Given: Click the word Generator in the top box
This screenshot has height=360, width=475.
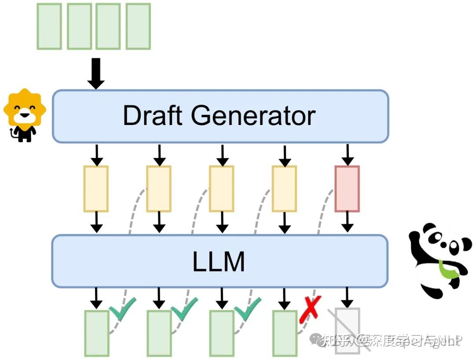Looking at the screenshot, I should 253,116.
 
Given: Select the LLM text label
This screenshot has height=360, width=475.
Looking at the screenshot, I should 219,261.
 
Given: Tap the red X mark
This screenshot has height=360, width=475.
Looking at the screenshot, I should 310,309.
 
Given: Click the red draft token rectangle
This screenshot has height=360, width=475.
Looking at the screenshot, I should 347,189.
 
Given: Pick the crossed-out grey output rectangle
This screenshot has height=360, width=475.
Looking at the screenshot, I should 347,331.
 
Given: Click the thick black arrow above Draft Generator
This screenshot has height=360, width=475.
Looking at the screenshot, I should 96,73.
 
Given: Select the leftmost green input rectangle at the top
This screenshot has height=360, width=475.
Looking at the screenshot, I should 49,26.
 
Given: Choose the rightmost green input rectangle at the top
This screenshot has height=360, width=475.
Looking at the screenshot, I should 138,26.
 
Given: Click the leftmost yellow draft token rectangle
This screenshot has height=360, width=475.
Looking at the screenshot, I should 96,189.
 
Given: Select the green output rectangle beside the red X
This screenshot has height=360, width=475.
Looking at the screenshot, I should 285,333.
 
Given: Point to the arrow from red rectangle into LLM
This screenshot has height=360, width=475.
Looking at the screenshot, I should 347,222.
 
